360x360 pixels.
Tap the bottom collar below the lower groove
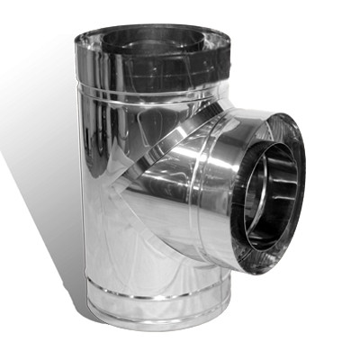(153, 315)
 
